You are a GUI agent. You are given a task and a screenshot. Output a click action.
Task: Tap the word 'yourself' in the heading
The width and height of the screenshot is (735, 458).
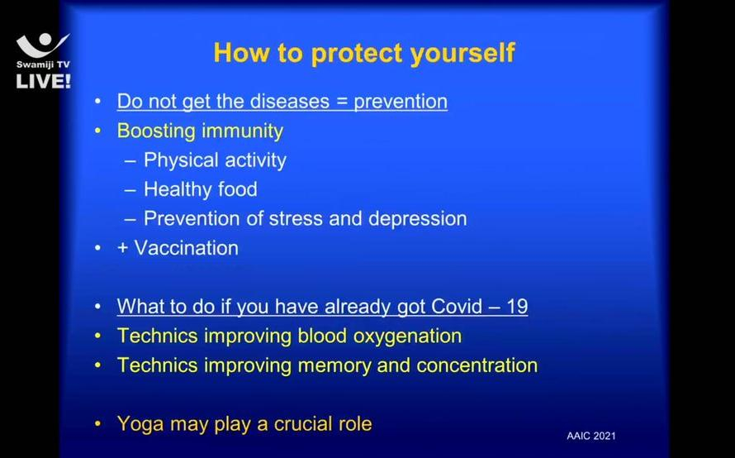coord(462,53)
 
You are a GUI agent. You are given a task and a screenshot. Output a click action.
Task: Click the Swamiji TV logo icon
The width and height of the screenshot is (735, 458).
coord(43,45)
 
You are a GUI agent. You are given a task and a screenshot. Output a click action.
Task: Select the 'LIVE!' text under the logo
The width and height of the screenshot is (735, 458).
coord(43,81)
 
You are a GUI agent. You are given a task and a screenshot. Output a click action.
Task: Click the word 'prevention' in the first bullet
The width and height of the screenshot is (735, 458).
coord(401,102)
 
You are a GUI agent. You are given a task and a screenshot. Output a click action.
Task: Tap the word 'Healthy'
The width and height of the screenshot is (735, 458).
coord(178,189)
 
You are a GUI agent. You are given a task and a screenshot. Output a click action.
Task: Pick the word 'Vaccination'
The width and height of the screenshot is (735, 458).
coord(186,248)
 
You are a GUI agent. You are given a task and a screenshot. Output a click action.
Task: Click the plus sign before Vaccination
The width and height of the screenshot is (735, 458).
coord(123,248)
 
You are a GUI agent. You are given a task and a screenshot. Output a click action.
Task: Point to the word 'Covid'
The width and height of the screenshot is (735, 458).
coord(456,307)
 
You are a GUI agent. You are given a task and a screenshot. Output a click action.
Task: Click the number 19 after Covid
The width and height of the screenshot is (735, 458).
coord(518,307)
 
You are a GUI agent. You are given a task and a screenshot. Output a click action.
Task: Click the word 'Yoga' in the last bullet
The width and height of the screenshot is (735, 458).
coord(140,424)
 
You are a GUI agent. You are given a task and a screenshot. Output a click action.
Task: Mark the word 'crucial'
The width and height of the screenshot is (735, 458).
coord(297,424)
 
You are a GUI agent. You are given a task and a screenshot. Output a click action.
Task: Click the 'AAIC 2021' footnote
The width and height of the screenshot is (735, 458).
coord(591,436)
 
